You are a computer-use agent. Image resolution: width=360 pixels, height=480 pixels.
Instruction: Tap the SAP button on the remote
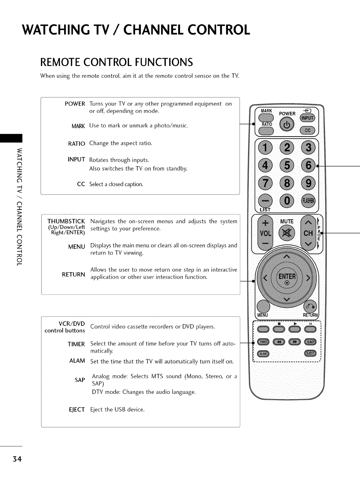point(310,342)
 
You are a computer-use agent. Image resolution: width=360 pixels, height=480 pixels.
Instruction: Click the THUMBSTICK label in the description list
point(66,221)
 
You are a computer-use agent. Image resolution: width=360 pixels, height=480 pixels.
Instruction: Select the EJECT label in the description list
point(77,410)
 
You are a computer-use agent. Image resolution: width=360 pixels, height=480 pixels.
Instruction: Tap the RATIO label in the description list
point(77,143)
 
